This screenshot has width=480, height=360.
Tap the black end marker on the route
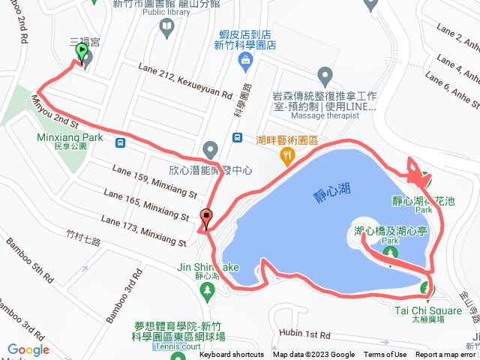pyautogui.click(x=206, y=218)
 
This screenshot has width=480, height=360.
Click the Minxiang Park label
pyautogui.click(x=70, y=138)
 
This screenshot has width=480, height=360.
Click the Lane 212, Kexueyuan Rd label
pyautogui.click(x=185, y=82)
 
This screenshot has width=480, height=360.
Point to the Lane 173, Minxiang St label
pyautogui.click(x=142, y=231)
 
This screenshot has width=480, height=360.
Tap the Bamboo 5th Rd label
pyautogui.click(x=31, y=262)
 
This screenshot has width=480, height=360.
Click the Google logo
pyautogui.click(x=28, y=349)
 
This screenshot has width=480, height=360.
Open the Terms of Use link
pyautogui.click(x=385, y=355)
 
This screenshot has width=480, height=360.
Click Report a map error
pyautogui.click(x=447, y=355)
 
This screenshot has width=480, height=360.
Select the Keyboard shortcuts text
pyautogui.click(x=232, y=355)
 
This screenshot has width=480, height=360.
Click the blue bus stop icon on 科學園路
pyautogui.click(x=238, y=137)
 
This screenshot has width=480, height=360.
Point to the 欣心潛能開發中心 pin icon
pyautogui.click(x=210, y=148)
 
